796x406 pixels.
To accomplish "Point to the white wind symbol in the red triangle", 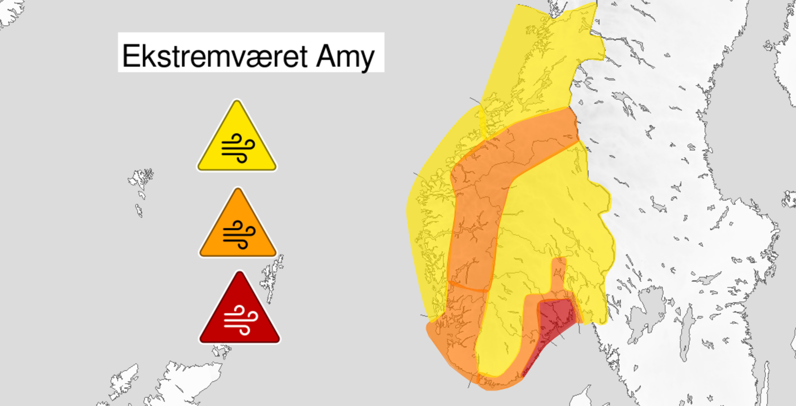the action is pos(240,320).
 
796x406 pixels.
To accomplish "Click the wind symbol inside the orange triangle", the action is pos(239,234).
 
